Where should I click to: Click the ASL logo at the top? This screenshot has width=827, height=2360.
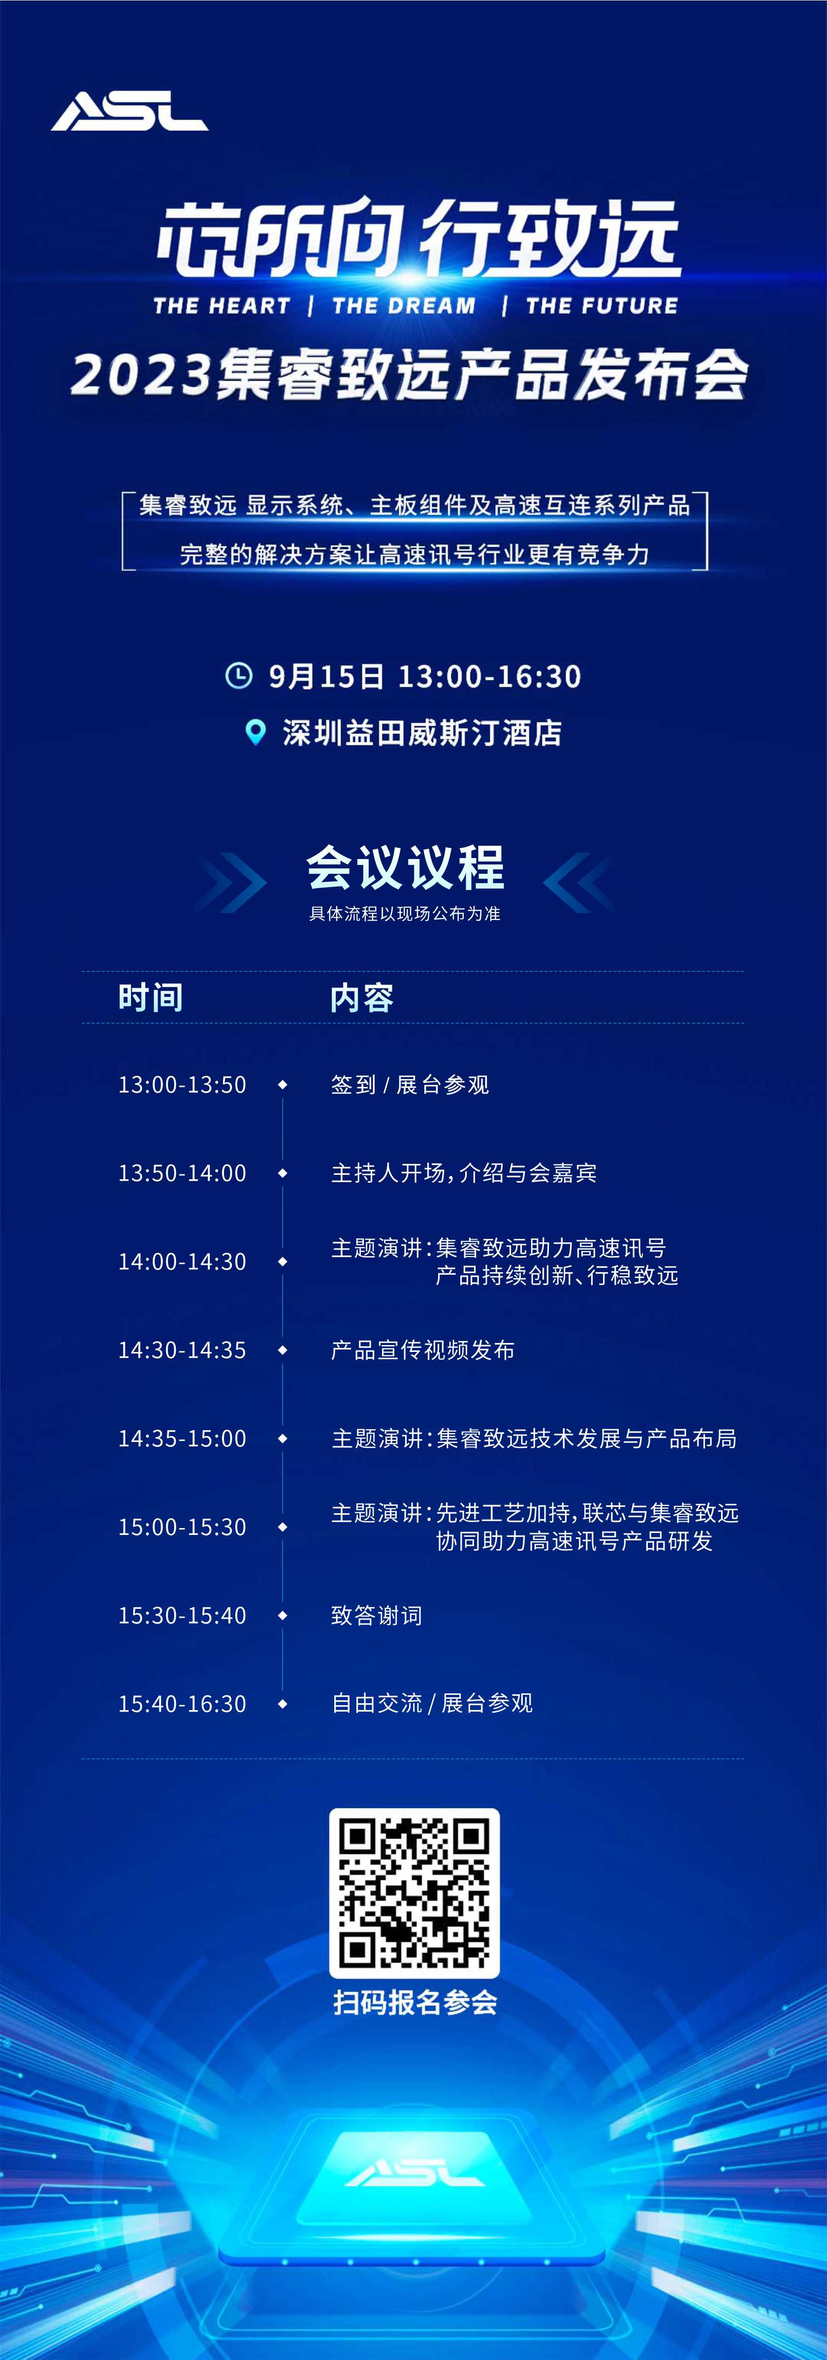tap(129, 111)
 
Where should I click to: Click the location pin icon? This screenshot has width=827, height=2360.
tap(256, 732)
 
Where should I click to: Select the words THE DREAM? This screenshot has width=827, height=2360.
tap(404, 306)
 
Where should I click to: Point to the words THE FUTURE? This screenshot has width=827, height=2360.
tap(602, 306)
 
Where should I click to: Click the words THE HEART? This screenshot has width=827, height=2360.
tap(222, 306)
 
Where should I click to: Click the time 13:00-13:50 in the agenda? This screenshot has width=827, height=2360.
tap(183, 1085)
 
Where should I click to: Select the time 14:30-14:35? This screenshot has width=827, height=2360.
tap(183, 1350)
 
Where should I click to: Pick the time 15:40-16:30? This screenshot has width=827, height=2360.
tap(183, 1704)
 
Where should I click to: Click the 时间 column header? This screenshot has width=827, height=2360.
tap(150, 998)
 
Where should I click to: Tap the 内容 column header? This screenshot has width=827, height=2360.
tap(362, 998)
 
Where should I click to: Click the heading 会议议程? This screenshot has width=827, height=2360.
tap(405, 867)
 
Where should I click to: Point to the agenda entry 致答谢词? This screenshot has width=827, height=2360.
tap(377, 1615)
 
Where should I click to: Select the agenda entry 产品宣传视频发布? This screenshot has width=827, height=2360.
tap(423, 1350)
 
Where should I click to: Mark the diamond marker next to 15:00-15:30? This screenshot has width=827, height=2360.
tap(283, 1527)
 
